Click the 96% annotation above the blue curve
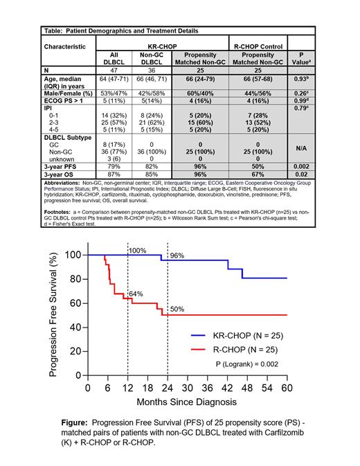click(177, 256)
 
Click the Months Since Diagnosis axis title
click(186, 401)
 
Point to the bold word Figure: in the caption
click(79, 421)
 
